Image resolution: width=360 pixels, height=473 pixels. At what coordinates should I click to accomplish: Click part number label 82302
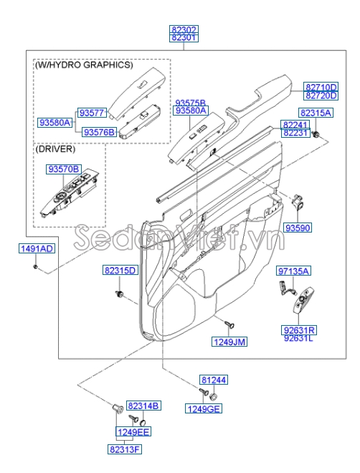click(x=184, y=30)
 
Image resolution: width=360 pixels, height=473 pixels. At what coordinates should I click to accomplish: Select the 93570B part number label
click(x=64, y=169)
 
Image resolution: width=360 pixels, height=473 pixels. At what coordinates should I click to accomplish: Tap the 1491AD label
click(x=36, y=248)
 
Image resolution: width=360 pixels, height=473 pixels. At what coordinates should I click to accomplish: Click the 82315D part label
click(x=119, y=270)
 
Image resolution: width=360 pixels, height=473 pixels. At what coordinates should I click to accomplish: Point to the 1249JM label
click(x=229, y=342)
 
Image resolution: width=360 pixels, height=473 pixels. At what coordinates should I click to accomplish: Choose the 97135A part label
click(x=294, y=271)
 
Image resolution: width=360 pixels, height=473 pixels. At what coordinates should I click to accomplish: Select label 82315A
click(x=316, y=113)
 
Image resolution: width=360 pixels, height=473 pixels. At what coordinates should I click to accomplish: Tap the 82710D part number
click(x=321, y=85)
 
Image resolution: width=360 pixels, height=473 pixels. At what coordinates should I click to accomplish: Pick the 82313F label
click(x=125, y=449)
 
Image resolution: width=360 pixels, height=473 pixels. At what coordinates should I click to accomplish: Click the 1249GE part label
click(x=204, y=408)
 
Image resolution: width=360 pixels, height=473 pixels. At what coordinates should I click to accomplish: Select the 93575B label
click(x=191, y=103)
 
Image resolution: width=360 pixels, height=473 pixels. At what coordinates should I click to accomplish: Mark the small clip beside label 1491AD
click(x=36, y=267)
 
